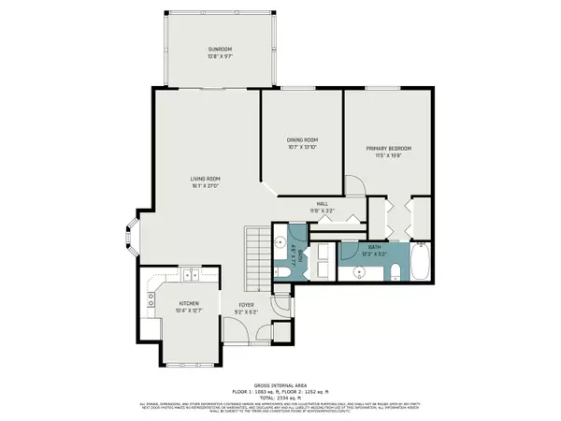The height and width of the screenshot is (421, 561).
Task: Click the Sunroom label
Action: pyautogui.click(x=219, y=49)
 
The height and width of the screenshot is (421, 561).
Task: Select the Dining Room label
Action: pyautogui.click(x=302, y=140)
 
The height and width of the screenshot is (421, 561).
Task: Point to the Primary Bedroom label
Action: pyautogui.click(x=388, y=149)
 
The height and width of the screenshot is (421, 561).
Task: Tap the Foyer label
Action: pyautogui.click(x=246, y=304)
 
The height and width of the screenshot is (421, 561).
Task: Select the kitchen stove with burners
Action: pyautogui.click(x=150, y=299)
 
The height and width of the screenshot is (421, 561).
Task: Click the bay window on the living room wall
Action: pyautogui.click(x=127, y=239)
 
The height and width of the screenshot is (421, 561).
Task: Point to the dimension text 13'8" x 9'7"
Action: pyautogui.click(x=219, y=56)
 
